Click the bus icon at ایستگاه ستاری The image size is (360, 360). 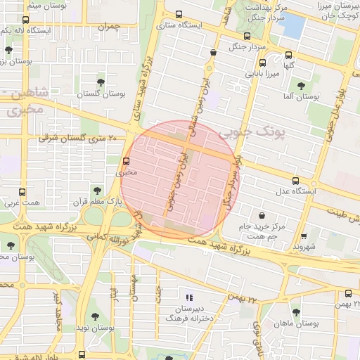tap(179, 14)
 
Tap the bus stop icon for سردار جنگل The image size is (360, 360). tap(246, 37)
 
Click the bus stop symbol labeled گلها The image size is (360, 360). tap(288, 55)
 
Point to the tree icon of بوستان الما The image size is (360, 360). tap(301, 86)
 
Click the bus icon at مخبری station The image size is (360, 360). tap(127, 160)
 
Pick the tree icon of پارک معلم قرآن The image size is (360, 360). tap(96, 189)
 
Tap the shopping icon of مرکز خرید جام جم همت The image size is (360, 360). tap(262, 215)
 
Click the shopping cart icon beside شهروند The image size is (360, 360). tap(304, 236)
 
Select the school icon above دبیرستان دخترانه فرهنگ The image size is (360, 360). tap(188, 297)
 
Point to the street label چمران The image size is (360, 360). tap(110, 26)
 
